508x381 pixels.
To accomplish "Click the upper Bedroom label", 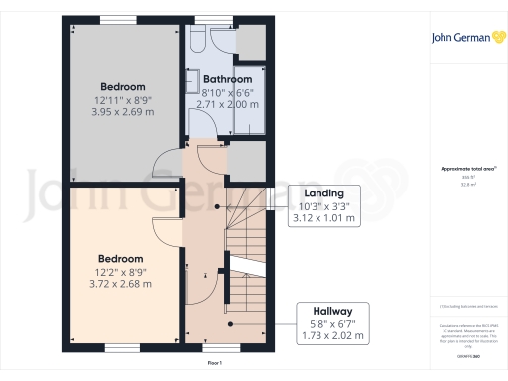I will [124, 86].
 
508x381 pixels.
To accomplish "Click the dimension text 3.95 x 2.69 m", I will [124, 112].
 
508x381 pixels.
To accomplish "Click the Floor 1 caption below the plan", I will [215, 365].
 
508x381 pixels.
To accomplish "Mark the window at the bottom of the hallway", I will [227, 347].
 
